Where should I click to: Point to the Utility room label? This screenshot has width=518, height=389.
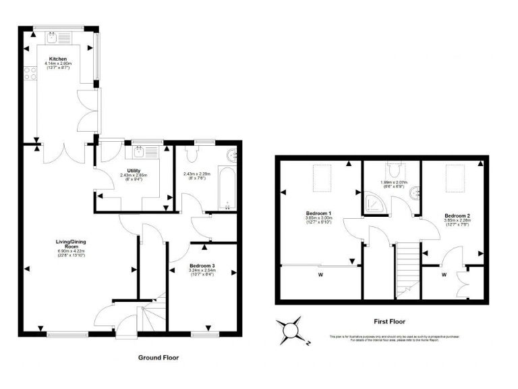click(x=128, y=170)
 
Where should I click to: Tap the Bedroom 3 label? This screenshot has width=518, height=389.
click(x=202, y=265)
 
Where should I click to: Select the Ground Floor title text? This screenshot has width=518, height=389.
click(x=159, y=357)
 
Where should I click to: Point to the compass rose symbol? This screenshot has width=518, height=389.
click(x=292, y=330)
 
